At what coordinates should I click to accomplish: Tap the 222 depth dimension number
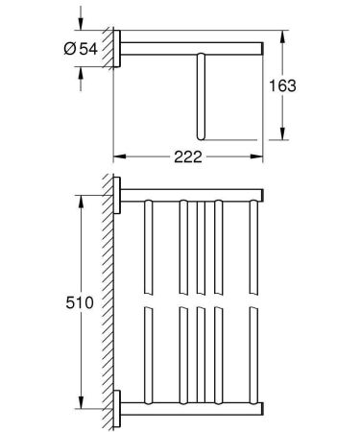tap(187, 157)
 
